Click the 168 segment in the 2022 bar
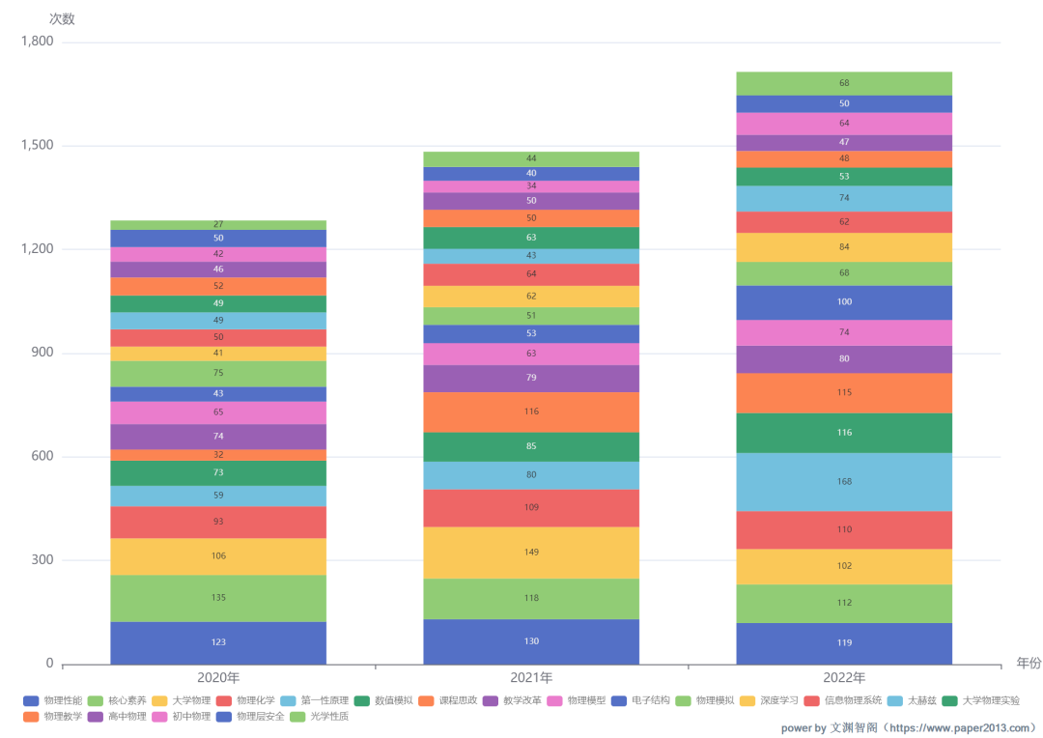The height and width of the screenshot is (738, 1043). (x=844, y=482)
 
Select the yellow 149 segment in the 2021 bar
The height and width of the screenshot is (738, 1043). (x=531, y=553)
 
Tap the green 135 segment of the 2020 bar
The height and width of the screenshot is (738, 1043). (x=218, y=598)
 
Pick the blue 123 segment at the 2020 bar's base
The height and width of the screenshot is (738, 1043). (x=218, y=642)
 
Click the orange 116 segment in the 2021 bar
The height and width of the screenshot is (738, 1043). (x=531, y=412)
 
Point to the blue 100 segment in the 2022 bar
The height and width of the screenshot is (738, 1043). (x=844, y=302)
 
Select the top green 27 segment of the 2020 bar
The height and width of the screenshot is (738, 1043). (x=218, y=225)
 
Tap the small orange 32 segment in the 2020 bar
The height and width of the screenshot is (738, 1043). (x=218, y=455)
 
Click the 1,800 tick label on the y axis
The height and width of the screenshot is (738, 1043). (x=37, y=43)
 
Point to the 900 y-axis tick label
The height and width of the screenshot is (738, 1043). (x=42, y=354)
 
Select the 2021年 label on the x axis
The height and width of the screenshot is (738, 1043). (x=531, y=678)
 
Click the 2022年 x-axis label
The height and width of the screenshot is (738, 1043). (x=844, y=678)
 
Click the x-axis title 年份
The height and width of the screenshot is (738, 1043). (x=1029, y=663)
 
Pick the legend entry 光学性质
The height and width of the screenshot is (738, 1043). (x=327, y=717)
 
